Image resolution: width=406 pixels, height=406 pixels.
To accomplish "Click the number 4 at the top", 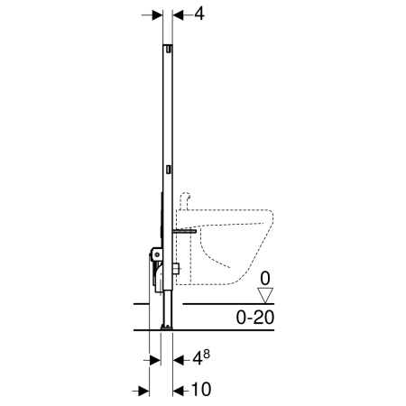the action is pos(199,14).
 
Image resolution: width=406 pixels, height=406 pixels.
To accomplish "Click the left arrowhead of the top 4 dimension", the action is pos(157,15).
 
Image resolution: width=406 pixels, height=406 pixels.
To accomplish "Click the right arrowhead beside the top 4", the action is pos(178,15).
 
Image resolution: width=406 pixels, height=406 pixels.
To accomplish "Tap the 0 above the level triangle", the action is pos(265,279).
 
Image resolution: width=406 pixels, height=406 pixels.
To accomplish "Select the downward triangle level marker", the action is pos(265,295).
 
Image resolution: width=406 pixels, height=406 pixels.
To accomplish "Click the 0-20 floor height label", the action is pos(255,318).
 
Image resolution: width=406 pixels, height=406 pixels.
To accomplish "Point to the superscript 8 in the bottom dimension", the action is pos(207,354).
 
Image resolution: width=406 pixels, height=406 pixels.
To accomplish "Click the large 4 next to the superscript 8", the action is pos(198,358).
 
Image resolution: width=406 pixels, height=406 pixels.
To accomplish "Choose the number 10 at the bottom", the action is pos(201,389).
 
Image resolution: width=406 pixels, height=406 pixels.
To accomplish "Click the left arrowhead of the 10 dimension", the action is pos(144,391).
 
